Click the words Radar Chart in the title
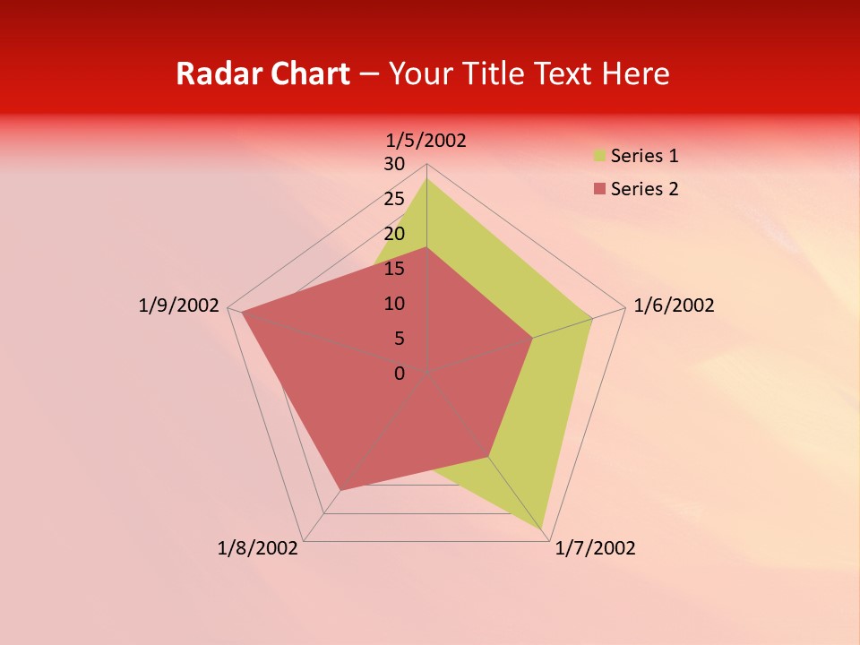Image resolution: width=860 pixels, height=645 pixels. click(262, 73)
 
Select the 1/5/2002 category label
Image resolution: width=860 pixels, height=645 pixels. click(426, 141)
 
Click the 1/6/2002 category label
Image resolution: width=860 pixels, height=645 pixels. click(674, 305)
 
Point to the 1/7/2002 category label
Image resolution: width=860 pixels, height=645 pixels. click(595, 548)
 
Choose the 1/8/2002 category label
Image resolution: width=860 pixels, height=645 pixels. click(258, 548)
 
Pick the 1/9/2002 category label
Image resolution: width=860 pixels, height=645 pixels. click(179, 305)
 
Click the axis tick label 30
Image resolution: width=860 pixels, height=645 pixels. click(394, 164)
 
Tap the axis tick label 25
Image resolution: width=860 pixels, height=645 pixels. click(394, 199)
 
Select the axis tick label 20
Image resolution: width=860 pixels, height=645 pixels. click(394, 234)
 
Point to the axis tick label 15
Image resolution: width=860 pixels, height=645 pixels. click(394, 269)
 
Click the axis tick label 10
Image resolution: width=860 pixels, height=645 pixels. click(394, 304)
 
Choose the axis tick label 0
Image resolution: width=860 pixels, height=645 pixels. click(400, 374)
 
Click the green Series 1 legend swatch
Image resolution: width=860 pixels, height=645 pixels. click(599, 157)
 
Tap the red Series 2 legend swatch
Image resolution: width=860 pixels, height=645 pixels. click(599, 189)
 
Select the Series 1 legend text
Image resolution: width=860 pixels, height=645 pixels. click(644, 157)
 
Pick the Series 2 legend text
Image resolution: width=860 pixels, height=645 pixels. click(644, 189)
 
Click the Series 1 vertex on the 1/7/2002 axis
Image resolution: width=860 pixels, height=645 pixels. click(543, 529)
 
